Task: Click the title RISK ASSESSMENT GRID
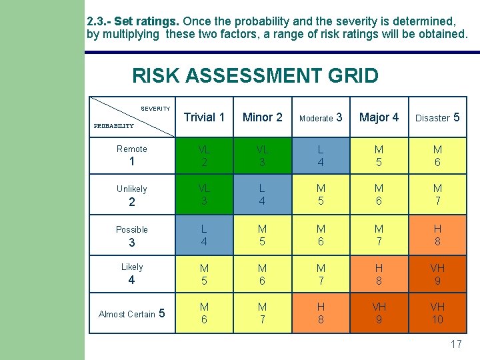[x=255, y=75]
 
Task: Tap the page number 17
[x=456, y=345]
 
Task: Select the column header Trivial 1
[x=204, y=117]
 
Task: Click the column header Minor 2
[x=262, y=117]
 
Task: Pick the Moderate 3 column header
[x=321, y=117]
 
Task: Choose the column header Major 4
[x=379, y=117]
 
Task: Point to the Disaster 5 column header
[x=437, y=117]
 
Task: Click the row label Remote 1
[x=132, y=155]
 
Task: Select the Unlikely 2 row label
[x=132, y=195]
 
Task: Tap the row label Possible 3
[x=132, y=235]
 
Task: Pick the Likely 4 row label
[x=132, y=274]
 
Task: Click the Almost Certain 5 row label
[x=132, y=314]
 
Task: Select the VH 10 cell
[x=437, y=314]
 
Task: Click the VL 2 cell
[x=204, y=155]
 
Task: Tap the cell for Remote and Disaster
[x=437, y=155]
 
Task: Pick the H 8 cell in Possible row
[x=437, y=235]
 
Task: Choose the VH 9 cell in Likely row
[x=437, y=274]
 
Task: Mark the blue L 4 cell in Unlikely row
[x=262, y=195]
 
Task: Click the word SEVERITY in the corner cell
[x=155, y=109]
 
